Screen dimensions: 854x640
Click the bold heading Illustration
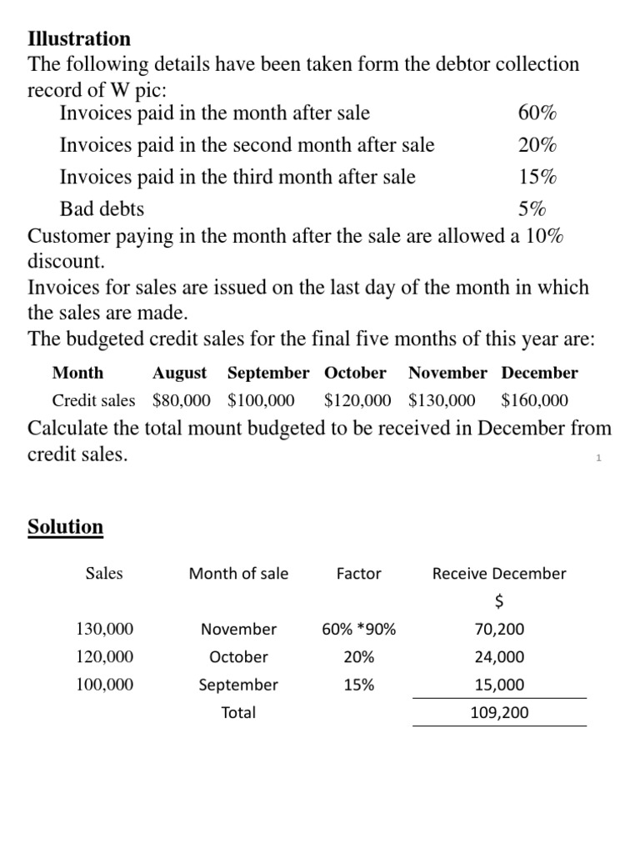pos(79,39)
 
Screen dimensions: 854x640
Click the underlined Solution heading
pos(66,527)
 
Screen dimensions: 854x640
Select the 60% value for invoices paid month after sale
pos(537,113)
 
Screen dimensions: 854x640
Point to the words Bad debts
pos(102,208)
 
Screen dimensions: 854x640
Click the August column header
pos(179,373)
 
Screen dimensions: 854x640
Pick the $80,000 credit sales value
pos(182,400)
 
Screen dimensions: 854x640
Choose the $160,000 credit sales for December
pos(535,400)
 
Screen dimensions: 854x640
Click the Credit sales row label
pos(93,400)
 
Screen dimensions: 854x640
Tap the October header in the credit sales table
pos(355,373)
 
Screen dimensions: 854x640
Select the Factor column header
pos(358,574)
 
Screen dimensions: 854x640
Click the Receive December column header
pos(499,574)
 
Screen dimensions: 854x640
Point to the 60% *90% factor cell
pos(358,629)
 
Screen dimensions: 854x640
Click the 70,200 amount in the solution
pos(499,629)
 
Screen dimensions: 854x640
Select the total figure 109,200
pos(499,713)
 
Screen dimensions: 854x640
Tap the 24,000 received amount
pos(499,657)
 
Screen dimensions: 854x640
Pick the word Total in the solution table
pos(238,713)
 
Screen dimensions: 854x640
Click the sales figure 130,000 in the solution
pos(104,629)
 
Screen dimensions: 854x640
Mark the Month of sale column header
pos(238,574)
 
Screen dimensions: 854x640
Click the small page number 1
pos(598,458)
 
